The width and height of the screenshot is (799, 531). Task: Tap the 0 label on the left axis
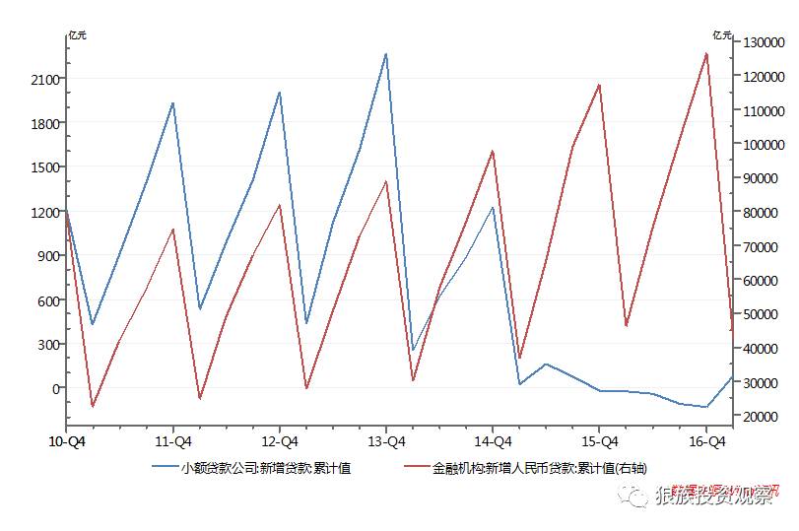[57, 388]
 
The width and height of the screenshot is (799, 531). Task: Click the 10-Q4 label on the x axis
[67, 442]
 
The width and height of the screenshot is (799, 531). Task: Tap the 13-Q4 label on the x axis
[386, 442]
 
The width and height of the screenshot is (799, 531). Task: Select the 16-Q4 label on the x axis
[706, 442]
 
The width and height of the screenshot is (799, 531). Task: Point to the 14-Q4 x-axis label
[493, 442]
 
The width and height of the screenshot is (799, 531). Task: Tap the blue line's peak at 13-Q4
[386, 53]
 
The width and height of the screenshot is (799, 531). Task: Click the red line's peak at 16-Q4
[706, 53]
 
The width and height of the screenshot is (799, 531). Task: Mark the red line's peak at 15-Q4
[599, 85]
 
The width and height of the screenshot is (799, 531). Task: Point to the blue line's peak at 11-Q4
[173, 102]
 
